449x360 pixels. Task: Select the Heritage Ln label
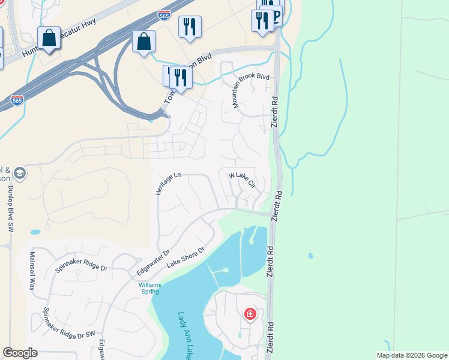pyautogui.click(x=168, y=184)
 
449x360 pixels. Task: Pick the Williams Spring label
pyautogui.click(x=149, y=288)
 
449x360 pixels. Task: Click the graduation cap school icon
pyautogui.click(x=19, y=173)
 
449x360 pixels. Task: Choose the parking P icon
pyautogui.click(x=276, y=17)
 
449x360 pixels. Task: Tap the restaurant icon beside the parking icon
pyautogui.click(x=263, y=21)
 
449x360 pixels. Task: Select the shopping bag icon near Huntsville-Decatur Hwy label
pyautogui.click(x=49, y=38)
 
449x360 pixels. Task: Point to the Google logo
pyautogui.click(x=20, y=353)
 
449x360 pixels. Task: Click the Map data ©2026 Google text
pyautogui.click(x=411, y=355)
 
